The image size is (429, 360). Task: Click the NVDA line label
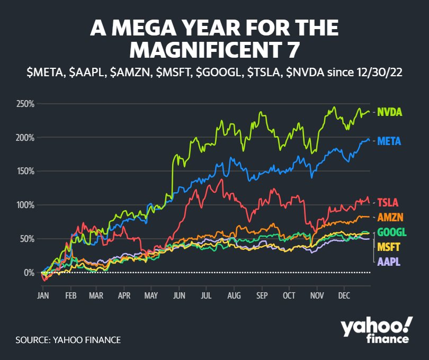(389, 112)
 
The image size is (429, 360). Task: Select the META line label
(389, 141)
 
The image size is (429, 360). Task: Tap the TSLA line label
(387, 202)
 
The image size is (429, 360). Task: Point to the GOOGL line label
(391, 232)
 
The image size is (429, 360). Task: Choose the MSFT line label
(388, 247)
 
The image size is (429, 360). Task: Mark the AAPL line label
(388, 262)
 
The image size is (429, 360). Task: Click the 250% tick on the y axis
(25, 104)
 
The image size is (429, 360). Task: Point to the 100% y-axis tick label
(25, 205)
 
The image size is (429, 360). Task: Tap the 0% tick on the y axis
(29, 273)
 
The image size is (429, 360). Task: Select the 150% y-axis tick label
(25, 171)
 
